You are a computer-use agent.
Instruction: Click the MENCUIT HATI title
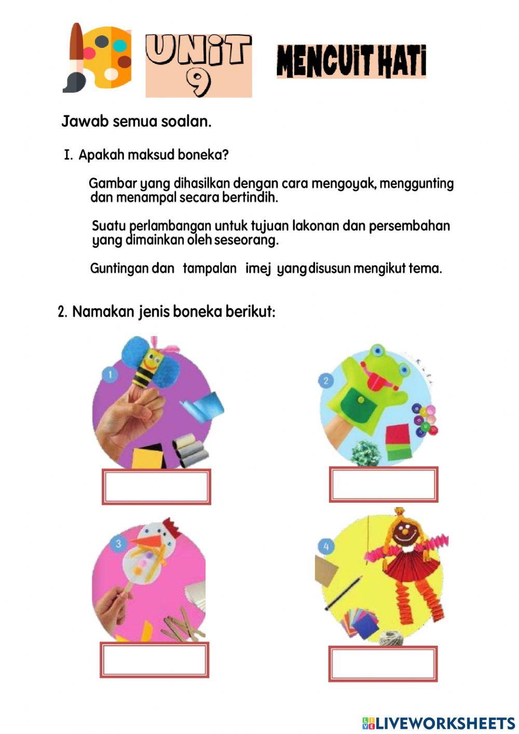point(351,61)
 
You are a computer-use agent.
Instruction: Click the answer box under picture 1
point(156,487)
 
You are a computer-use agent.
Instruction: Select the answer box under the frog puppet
point(383,484)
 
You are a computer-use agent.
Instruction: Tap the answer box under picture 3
point(154,660)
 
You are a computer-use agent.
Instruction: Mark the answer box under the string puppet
point(383,663)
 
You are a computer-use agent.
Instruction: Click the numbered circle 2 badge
point(326,381)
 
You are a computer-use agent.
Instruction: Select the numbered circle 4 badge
point(326,546)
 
